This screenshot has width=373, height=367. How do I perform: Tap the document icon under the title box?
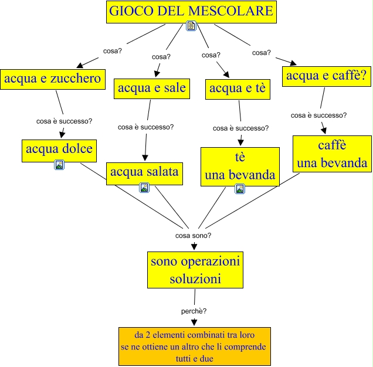click(x=191, y=26)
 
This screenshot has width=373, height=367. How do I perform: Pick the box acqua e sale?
click(x=151, y=89)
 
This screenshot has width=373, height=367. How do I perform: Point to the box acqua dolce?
click(x=59, y=149)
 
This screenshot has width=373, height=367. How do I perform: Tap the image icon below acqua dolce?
click(x=59, y=165)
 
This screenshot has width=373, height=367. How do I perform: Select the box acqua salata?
click(x=144, y=172)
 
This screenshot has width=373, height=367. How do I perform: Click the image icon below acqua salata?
click(x=144, y=188)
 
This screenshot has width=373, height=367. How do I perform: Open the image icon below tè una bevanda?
click(x=239, y=188)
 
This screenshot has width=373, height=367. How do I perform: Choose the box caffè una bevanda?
click(x=332, y=154)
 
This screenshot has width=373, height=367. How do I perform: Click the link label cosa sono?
click(x=194, y=235)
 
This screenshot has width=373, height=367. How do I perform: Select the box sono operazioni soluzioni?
click(x=195, y=270)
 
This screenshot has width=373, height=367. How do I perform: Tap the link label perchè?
click(x=194, y=310)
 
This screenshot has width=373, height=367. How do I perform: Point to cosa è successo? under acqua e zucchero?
click(x=64, y=121)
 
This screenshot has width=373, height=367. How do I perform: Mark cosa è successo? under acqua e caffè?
click(x=318, y=115)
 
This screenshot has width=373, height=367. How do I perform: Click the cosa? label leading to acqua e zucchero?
click(x=112, y=50)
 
